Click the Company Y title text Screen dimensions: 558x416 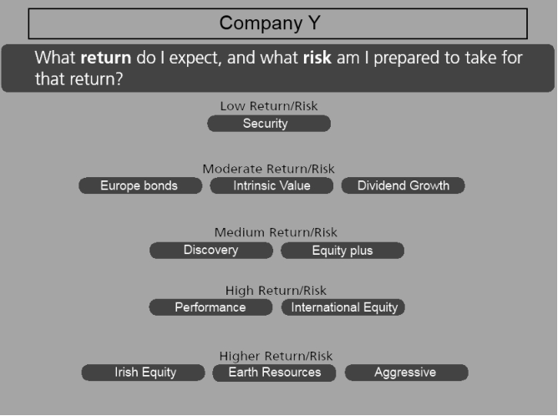click(x=270, y=23)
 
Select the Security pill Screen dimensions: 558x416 click(x=269, y=124)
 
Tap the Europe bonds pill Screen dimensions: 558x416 click(x=140, y=185)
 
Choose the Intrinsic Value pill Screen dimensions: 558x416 click(x=271, y=185)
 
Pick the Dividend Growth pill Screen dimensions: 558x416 click(x=403, y=185)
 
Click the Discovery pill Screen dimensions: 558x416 click(x=211, y=250)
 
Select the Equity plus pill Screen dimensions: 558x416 click(x=342, y=250)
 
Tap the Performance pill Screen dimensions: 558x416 click(x=211, y=307)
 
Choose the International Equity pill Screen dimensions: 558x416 click(x=343, y=307)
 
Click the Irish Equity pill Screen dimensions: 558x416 click(x=143, y=373)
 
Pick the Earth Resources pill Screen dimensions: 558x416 click(x=274, y=373)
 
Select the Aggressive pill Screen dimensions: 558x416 click(x=407, y=373)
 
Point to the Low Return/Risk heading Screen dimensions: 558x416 click(x=269, y=106)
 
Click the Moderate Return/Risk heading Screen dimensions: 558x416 click(x=269, y=169)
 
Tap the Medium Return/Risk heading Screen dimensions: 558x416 click(x=276, y=232)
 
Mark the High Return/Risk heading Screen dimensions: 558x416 click(x=276, y=291)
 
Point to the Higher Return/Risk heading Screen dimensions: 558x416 click(x=276, y=356)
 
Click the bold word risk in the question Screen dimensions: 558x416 click(x=317, y=58)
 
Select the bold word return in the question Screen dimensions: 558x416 click(x=106, y=58)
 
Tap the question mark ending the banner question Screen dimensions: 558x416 click(x=119, y=79)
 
